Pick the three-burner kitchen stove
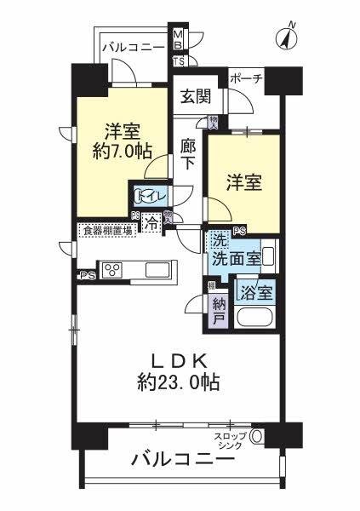pyautogui.click(x=113, y=270)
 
